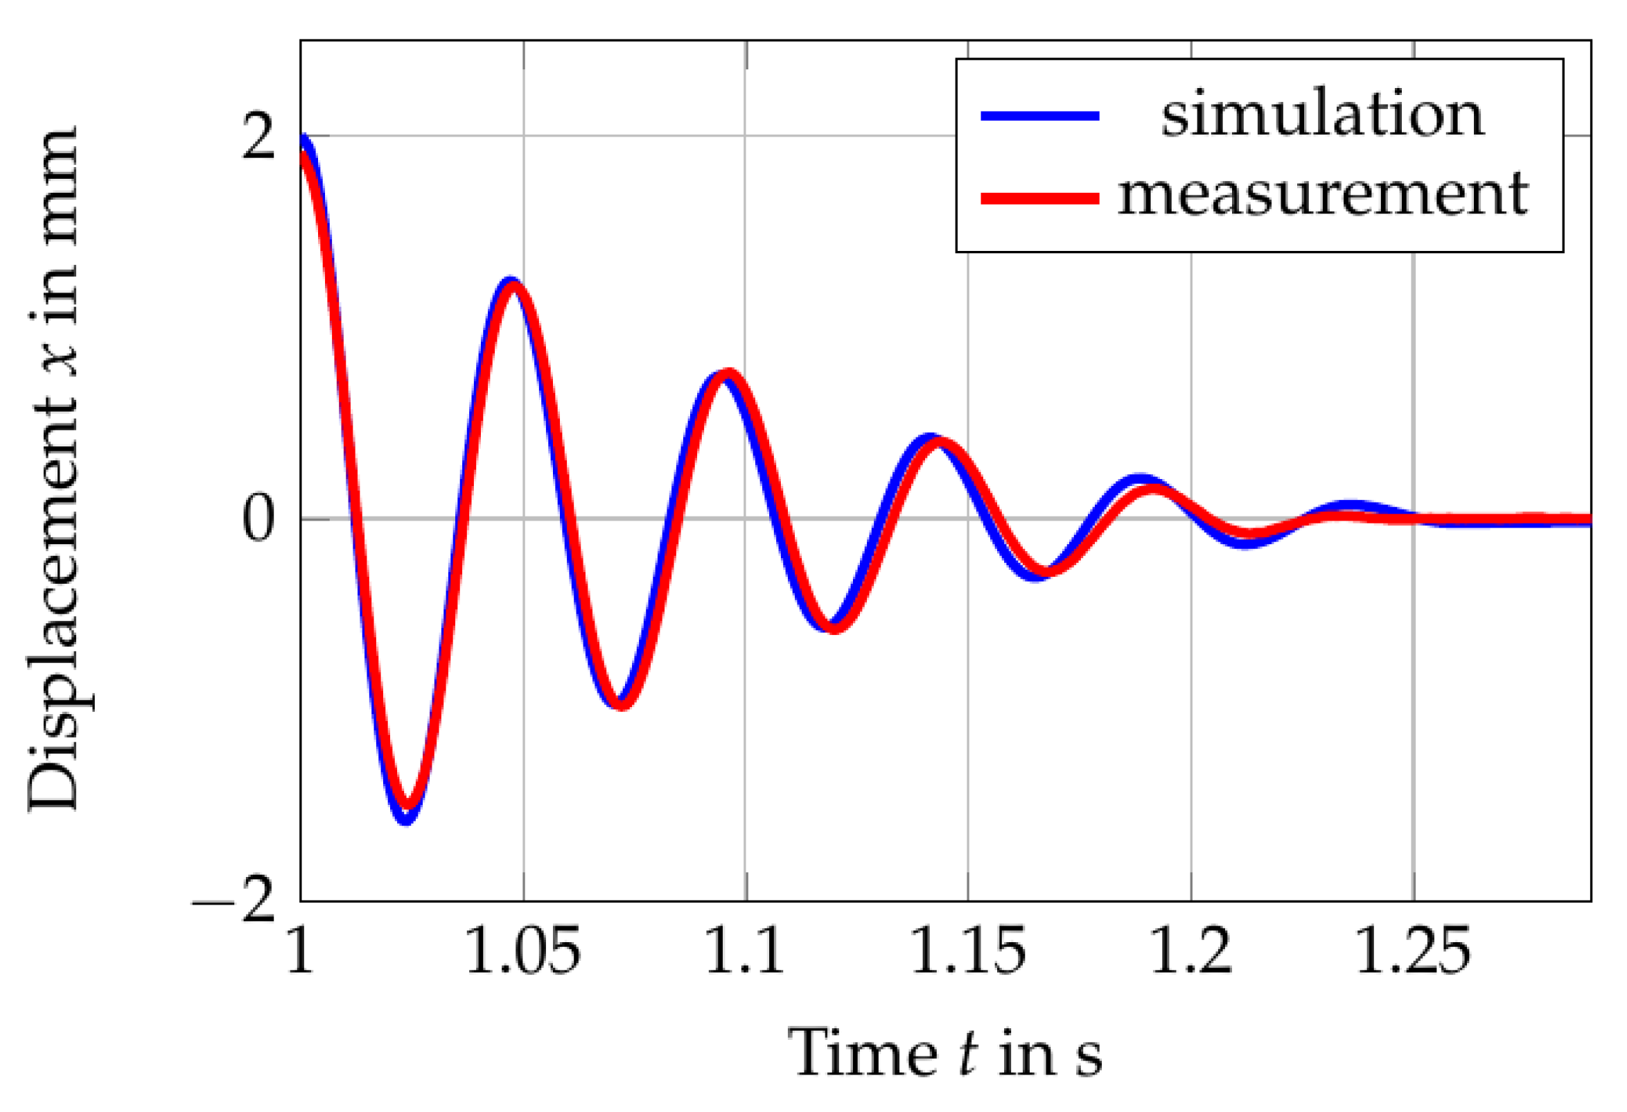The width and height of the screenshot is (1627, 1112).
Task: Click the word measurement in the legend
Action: [x=1321, y=195]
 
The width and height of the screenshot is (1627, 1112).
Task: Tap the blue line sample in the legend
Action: [x=1039, y=116]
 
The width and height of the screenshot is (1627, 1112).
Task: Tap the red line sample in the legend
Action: [x=1039, y=199]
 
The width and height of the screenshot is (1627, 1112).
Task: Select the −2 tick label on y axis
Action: [x=234, y=901]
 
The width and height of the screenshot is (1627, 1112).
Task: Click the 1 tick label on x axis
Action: [x=300, y=950]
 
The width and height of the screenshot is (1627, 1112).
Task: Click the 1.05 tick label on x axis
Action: [x=522, y=950]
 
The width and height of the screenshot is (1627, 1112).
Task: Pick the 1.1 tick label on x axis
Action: [x=745, y=950]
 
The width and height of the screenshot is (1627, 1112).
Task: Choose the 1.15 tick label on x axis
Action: [x=967, y=950]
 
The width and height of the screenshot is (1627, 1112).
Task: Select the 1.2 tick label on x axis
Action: [x=1190, y=950]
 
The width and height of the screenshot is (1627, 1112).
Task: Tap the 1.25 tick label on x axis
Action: [x=1413, y=950]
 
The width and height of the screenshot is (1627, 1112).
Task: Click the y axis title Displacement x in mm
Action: [x=53, y=469]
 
